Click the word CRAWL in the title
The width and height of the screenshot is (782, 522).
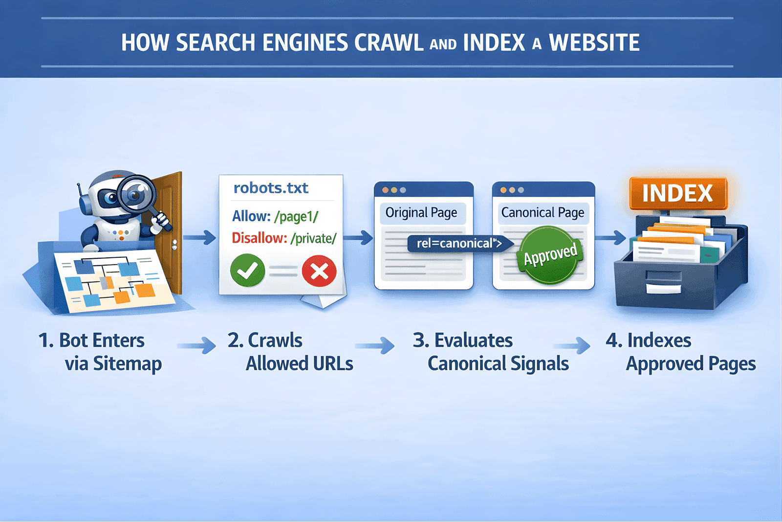[x=389, y=43]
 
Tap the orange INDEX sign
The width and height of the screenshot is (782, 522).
[x=677, y=193]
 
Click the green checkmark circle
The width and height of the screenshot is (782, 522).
[x=248, y=270]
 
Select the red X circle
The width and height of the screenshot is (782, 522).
[x=319, y=271]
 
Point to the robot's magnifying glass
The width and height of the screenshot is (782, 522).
[x=136, y=194]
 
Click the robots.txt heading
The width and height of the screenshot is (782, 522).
[x=271, y=188]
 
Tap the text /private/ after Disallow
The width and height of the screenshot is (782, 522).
[x=313, y=238]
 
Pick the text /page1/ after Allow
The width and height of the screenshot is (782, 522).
[x=296, y=216]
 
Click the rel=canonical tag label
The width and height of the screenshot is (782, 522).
[x=458, y=243]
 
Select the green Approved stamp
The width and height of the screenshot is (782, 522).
[x=550, y=255]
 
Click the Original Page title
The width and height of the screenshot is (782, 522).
[x=421, y=213]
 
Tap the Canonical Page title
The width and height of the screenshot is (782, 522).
[x=543, y=213]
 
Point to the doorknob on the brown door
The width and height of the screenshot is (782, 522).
[x=174, y=244]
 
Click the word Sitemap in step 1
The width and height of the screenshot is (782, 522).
[x=128, y=364]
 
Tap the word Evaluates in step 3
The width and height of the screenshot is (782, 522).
[x=473, y=340]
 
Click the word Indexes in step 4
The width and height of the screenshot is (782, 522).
[x=659, y=340]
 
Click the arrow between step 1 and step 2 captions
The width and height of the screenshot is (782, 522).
[x=196, y=346]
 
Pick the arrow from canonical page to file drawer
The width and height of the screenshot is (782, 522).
[x=610, y=238]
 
